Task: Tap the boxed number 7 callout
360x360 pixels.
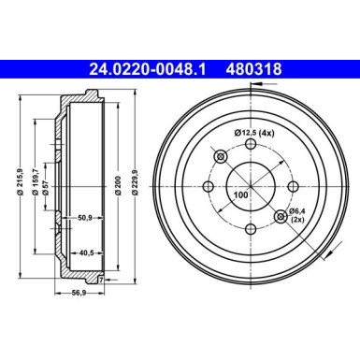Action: (101, 280)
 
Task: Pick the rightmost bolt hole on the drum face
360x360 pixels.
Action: (294, 187)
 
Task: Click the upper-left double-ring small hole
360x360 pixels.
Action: (221, 156)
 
